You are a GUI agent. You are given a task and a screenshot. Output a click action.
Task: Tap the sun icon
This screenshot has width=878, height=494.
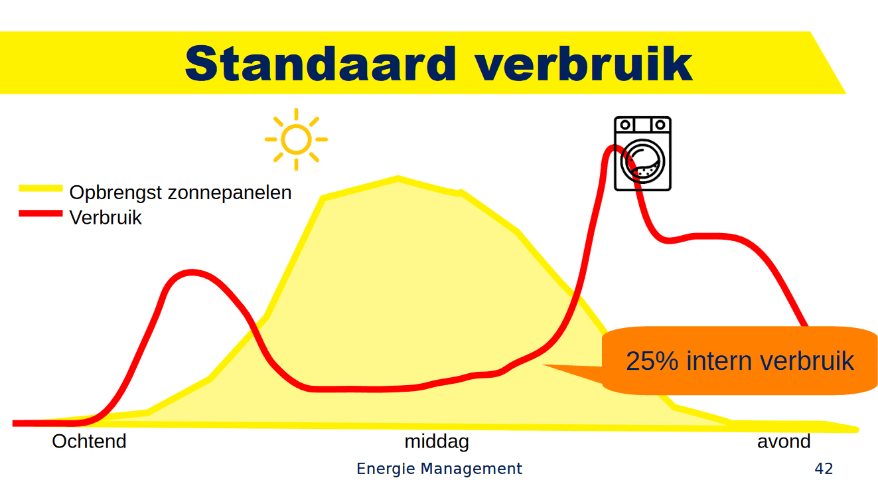(296, 139)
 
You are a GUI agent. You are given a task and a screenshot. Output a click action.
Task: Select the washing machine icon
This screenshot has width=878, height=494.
(642, 154)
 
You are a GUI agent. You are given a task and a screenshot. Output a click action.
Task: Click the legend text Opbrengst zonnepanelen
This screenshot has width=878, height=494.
(181, 193)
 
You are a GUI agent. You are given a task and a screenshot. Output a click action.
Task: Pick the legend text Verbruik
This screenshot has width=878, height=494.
(106, 217)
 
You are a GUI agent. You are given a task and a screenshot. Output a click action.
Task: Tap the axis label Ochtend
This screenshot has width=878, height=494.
(89, 442)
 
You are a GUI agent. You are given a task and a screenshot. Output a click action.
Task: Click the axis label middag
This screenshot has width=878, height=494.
(437, 442)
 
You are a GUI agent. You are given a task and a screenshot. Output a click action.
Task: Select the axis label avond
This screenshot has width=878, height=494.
(784, 442)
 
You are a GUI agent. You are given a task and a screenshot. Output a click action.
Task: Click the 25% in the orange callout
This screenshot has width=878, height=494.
(652, 361)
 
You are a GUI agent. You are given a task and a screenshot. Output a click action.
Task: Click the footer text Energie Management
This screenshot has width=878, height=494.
(439, 469)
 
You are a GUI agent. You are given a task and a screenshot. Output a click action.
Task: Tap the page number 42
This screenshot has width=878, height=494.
(824, 469)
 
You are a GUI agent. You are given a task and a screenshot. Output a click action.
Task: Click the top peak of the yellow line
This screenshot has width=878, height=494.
(398, 178)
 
